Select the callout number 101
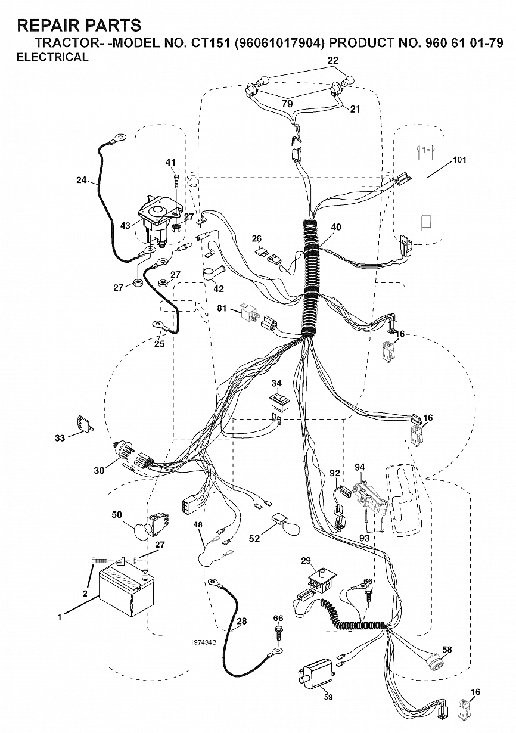459,160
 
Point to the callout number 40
336,227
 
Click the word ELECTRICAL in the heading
52,57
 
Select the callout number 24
82,179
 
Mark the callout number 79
287,104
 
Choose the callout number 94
360,467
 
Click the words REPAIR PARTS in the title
79,25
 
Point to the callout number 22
332,61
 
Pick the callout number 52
254,538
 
